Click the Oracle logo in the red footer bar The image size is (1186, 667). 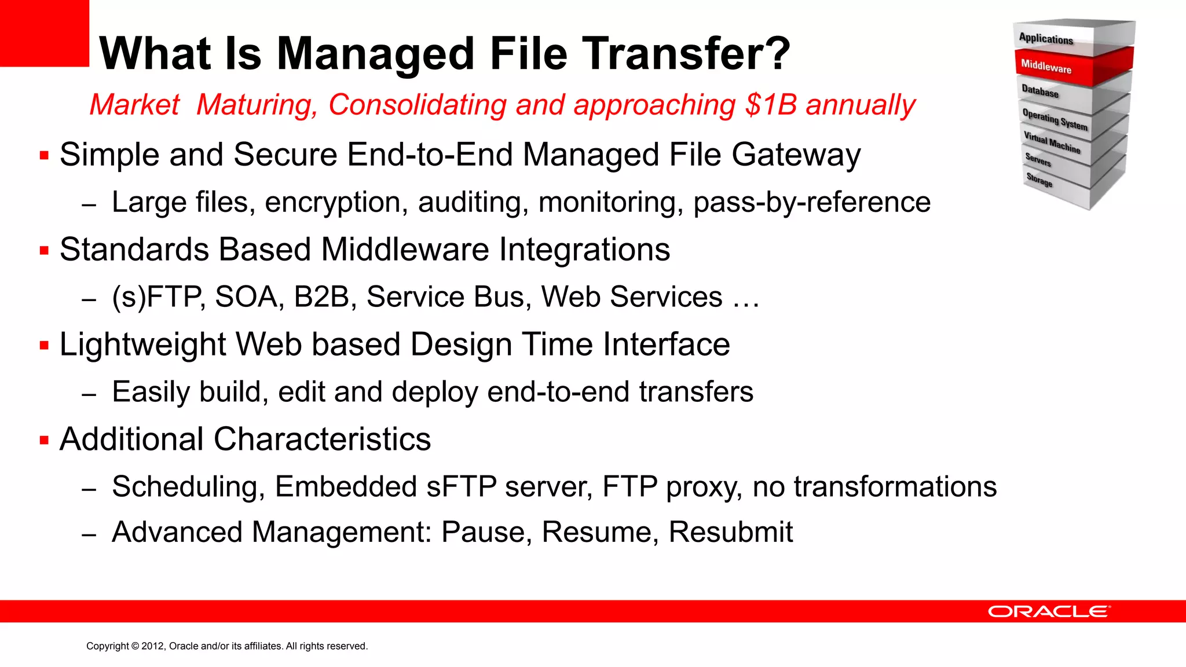coord(1049,611)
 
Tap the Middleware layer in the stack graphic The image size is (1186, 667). coord(1046,66)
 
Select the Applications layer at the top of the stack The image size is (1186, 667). coord(1046,39)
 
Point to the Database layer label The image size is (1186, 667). coord(1040,91)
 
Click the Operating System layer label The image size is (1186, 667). coord(1055,119)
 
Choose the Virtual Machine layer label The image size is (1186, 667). coord(1052,142)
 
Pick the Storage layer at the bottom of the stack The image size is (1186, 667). coord(1039,180)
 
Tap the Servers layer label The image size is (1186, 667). coord(1038,159)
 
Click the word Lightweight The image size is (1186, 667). coord(142,345)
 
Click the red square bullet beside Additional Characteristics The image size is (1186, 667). coord(44,440)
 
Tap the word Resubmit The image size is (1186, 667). coord(730,532)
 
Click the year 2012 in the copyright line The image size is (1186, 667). coord(153,646)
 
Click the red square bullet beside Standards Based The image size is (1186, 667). coord(44,251)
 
